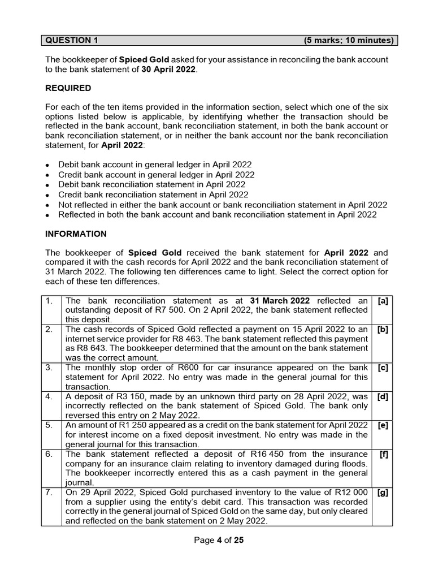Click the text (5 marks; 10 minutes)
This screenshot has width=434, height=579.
tap(349, 40)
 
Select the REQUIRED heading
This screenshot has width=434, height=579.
tap(68, 88)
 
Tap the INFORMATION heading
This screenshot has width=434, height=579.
tap(76, 234)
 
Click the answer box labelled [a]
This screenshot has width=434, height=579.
tap(383, 301)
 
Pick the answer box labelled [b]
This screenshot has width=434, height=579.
tap(383, 329)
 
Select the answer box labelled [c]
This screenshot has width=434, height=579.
tap(383, 368)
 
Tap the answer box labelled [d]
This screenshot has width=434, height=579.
tap(383, 397)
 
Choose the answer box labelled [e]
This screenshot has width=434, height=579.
tap(383, 425)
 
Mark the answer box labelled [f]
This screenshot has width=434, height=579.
tap(384, 454)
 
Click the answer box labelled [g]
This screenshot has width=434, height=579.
tap(383, 492)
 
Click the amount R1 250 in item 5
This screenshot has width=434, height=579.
tap(125, 425)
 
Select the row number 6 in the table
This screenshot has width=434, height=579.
tap(49, 454)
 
